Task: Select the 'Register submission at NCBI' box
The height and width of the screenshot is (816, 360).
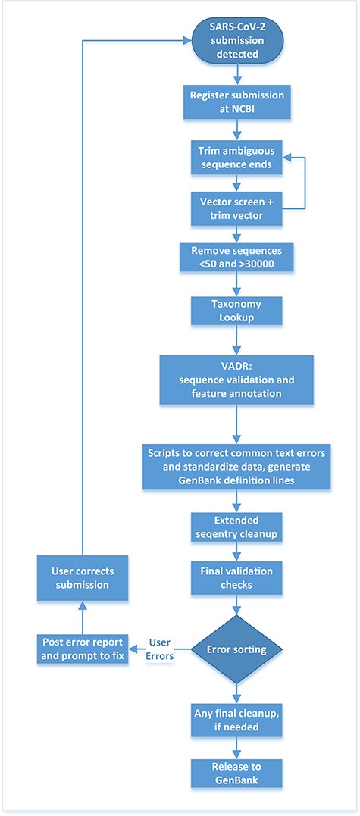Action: click(239, 103)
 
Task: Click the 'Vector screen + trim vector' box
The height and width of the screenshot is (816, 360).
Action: click(239, 208)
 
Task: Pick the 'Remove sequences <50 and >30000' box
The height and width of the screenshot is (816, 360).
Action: click(239, 257)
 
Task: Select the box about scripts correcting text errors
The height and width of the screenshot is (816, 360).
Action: click(239, 467)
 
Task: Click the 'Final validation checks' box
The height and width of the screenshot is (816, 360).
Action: click(239, 577)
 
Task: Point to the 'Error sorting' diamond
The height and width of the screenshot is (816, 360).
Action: click(239, 649)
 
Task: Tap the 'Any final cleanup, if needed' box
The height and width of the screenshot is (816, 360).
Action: click(239, 718)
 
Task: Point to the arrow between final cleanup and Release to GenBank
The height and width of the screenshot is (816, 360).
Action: click(239, 746)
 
